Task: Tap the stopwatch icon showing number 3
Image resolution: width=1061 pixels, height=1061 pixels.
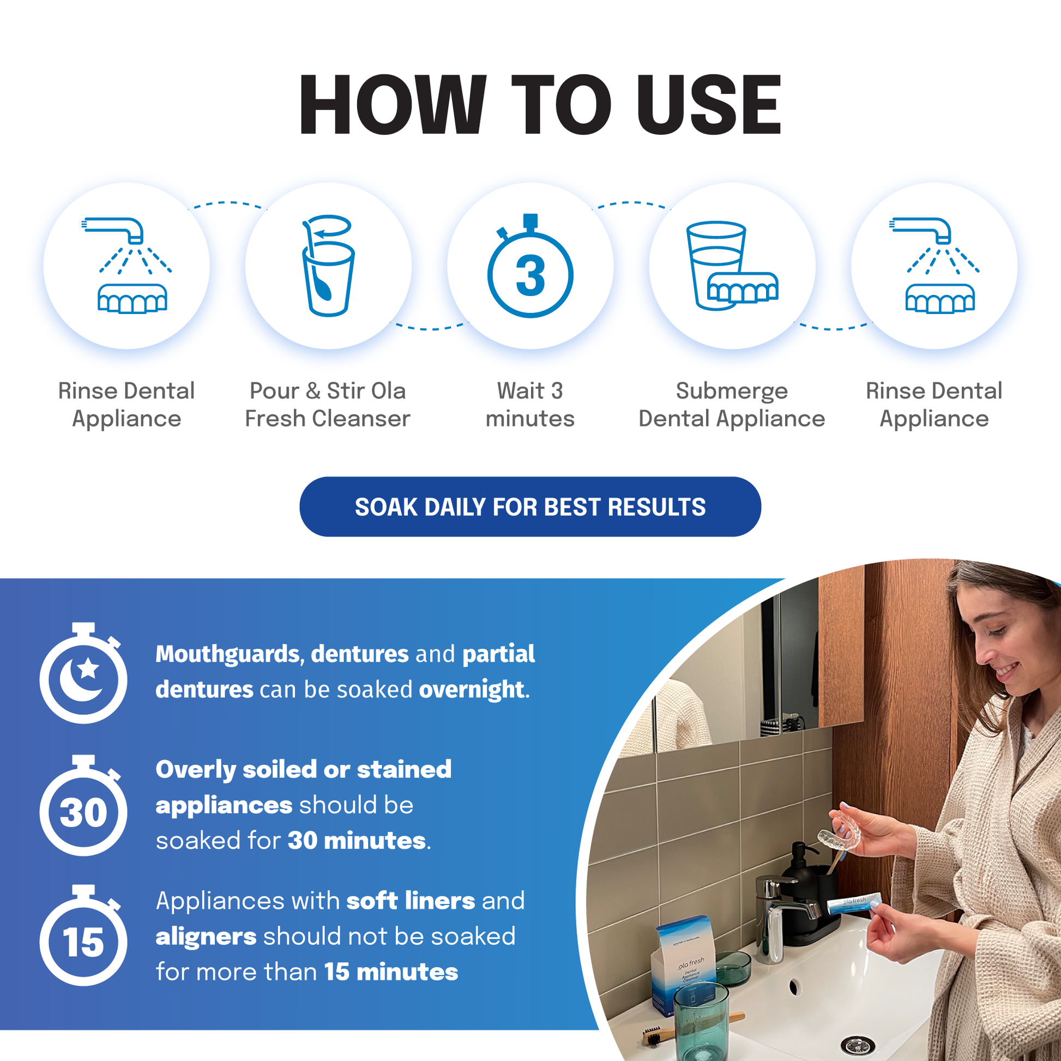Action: tap(530, 267)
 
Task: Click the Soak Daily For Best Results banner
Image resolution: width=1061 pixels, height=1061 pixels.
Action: tap(530, 507)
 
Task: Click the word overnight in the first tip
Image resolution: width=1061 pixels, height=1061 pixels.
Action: tap(471, 690)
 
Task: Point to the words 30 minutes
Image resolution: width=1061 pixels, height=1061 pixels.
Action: tap(357, 841)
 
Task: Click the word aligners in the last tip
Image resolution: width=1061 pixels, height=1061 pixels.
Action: tap(206, 936)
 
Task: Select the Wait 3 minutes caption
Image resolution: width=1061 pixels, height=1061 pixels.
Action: tap(530, 405)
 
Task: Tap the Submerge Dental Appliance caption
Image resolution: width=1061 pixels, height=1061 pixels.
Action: tap(732, 405)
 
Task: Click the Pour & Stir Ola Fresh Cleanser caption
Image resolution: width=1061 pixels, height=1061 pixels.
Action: tap(328, 405)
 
